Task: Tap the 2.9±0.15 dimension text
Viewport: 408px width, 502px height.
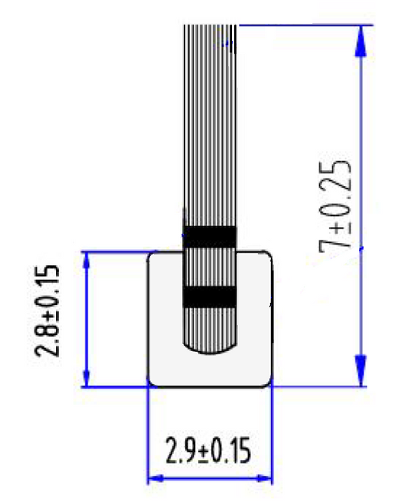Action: pyautogui.click(x=208, y=453)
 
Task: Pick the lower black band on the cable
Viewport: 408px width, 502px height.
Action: pyautogui.click(x=210, y=295)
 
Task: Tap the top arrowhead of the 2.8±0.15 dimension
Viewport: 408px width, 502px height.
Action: pyautogui.click(x=86, y=261)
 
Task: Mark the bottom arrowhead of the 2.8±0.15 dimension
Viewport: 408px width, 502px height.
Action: pyautogui.click(x=86, y=377)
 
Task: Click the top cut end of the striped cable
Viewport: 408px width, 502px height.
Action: pyautogui.click(x=211, y=28)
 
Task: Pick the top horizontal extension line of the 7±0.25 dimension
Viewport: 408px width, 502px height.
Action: pyautogui.click(x=306, y=25)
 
